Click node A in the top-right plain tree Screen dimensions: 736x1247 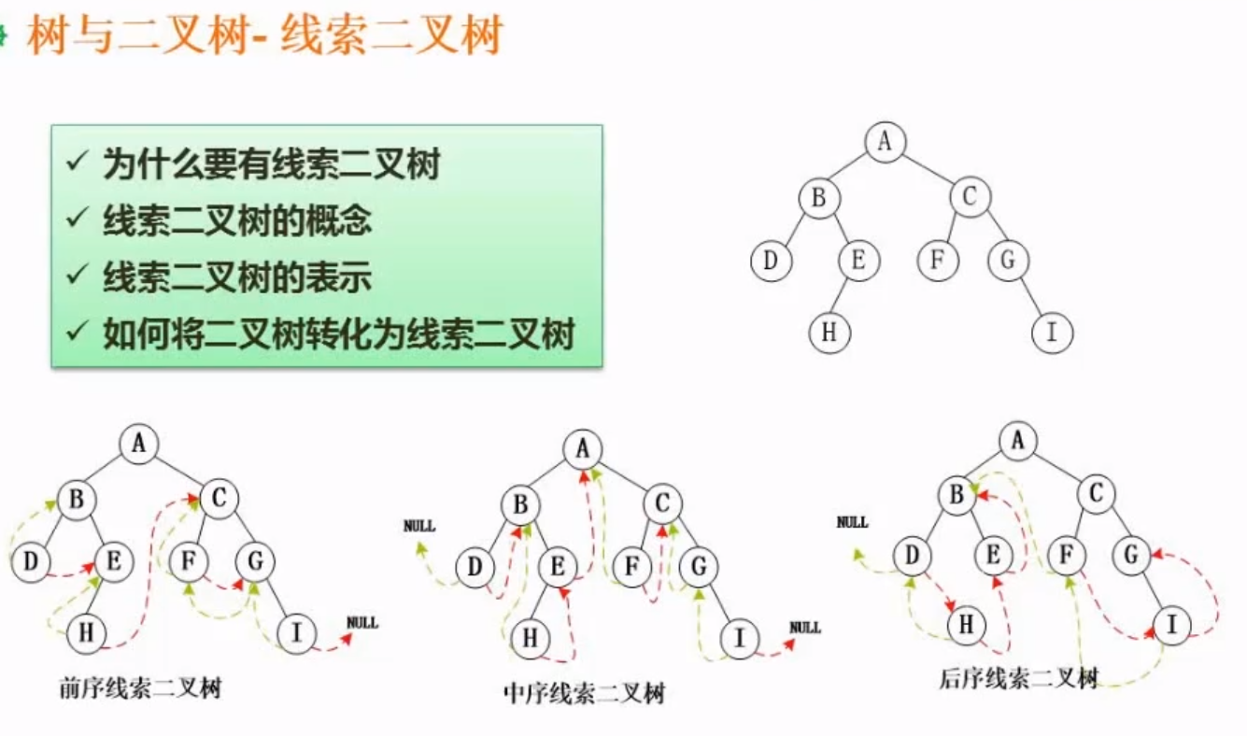(886, 141)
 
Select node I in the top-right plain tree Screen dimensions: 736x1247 (1053, 333)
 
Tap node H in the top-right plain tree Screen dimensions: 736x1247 (829, 333)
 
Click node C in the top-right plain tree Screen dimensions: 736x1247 (970, 197)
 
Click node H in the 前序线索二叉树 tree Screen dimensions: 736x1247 (87, 633)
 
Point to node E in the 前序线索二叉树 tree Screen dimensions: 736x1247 (114, 562)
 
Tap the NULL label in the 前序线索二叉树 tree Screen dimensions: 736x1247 (362, 622)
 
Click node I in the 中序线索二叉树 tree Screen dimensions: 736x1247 (740, 639)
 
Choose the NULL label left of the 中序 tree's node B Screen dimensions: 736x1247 (419, 526)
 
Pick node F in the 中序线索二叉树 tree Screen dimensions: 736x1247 (631, 567)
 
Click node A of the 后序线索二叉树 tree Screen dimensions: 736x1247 (1018, 440)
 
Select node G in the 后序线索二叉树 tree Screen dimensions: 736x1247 (1130, 556)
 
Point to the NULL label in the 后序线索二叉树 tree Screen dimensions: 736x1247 (852, 522)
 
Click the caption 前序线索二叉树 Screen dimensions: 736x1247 (139, 690)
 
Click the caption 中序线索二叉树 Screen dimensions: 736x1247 (583, 694)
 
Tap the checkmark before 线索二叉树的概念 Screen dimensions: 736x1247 (76, 221)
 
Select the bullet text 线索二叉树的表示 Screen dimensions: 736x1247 (237, 277)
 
